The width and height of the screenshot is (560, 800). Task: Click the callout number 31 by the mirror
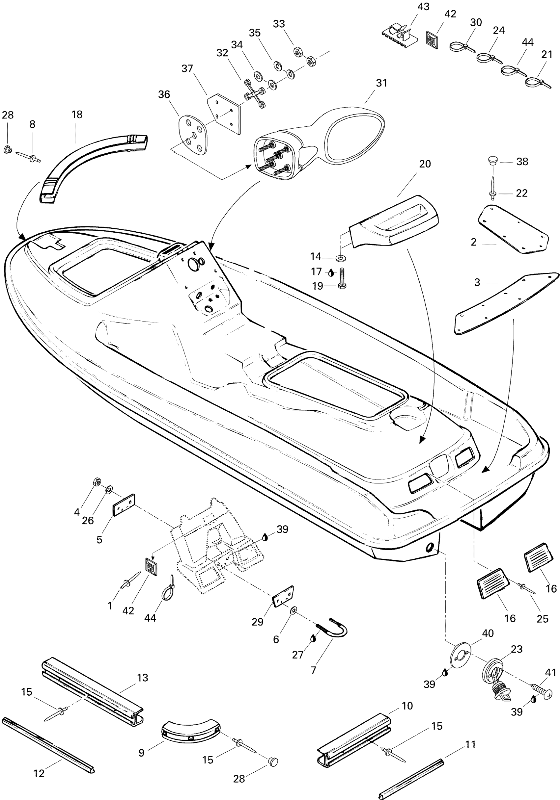coord(381,83)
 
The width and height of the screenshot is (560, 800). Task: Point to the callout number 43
coord(423,7)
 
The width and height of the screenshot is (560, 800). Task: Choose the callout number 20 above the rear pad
coord(425,164)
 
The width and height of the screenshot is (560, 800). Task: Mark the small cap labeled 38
coord(492,161)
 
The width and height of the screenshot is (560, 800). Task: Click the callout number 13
coord(143,677)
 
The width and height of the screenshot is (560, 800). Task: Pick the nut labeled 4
coord(97,482)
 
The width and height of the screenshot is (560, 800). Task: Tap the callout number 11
coord(470,744)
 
